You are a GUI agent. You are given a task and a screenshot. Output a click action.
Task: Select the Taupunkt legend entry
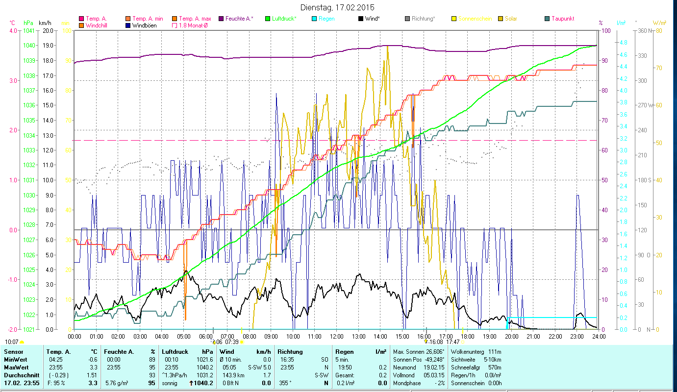click(x=562, y=19)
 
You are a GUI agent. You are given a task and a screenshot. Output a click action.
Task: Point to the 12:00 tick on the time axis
click(x=336, y=337)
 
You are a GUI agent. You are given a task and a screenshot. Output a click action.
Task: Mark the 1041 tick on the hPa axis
click(x=28, y=30)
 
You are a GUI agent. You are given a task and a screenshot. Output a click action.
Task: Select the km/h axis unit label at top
click(x=45, y=23)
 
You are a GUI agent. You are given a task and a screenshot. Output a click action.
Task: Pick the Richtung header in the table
click(x=290, y=352)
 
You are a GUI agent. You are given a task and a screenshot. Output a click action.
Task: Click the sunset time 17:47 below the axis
click(x=453, y=342)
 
